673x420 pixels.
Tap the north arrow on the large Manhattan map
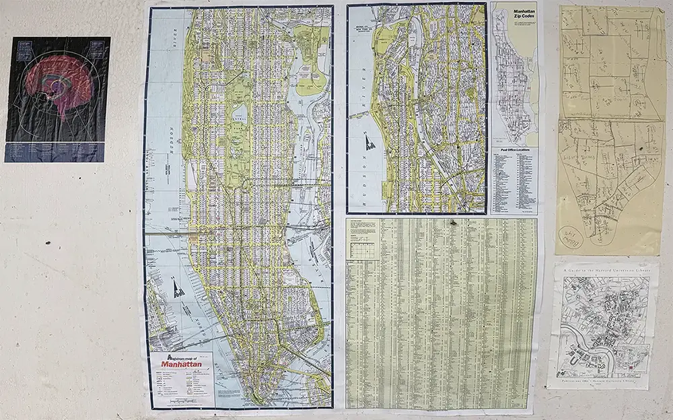[x=177, y=288]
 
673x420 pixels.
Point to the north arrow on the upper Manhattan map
[x=369, y=140]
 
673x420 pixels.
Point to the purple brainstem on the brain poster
[x=65, y=108]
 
